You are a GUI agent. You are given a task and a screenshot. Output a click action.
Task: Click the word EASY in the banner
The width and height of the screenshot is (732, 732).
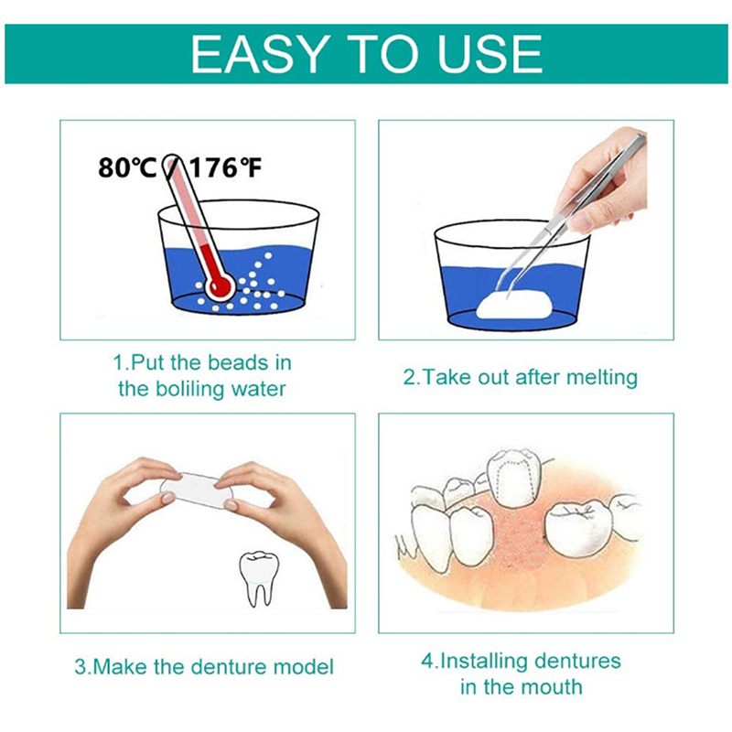tap(258, 54)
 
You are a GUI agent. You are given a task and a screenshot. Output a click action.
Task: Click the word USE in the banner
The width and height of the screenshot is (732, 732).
tap(490, 54)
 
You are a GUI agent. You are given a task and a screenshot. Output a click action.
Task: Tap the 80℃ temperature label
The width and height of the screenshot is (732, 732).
tap(127, 167)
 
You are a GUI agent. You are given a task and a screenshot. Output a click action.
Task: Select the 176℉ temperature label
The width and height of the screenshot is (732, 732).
tap(225, 167)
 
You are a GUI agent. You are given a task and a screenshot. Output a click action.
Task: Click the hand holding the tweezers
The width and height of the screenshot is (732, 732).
tap(602, 179)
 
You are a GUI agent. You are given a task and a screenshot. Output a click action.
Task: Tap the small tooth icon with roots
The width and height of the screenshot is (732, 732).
tap(259, 578)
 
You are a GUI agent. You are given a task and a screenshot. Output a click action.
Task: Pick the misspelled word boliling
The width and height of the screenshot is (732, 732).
tap(187, 390)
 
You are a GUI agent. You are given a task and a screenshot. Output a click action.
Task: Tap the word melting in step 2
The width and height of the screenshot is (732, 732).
tap(602, 378)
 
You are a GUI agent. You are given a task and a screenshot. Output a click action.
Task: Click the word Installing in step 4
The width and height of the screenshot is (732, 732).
tap(483, 662)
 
